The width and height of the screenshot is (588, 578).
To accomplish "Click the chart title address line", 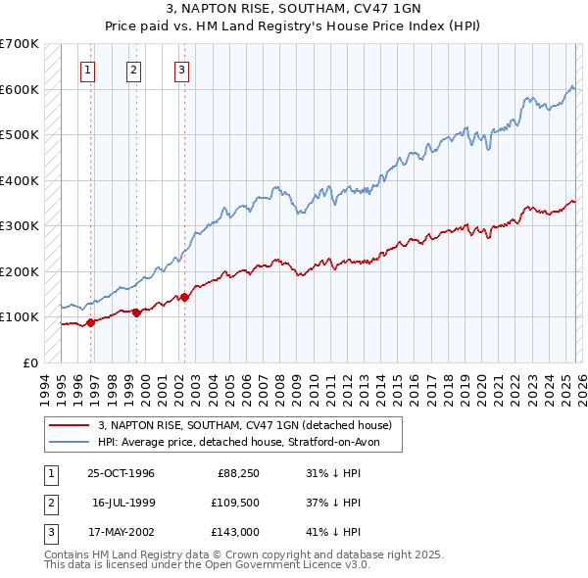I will (x=293, y=10).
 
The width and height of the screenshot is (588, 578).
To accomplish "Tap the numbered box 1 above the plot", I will (x=88, y=70).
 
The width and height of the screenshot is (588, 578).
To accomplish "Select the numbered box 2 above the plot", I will (x=133, y=70).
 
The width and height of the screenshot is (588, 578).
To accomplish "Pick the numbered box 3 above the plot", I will (x=182, y=70).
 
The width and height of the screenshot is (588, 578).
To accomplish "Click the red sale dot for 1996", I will (x=91, y=321).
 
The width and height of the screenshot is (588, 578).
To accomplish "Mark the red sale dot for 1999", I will (x=136, y=312).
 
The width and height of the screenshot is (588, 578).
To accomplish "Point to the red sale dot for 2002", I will (x=184, y=297).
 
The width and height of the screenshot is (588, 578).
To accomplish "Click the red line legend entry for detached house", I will (x=245, y=425).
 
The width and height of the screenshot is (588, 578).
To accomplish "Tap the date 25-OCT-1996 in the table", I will (x=121, y=473).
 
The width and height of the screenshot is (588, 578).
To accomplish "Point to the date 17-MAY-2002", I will (x=121, y=532).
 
